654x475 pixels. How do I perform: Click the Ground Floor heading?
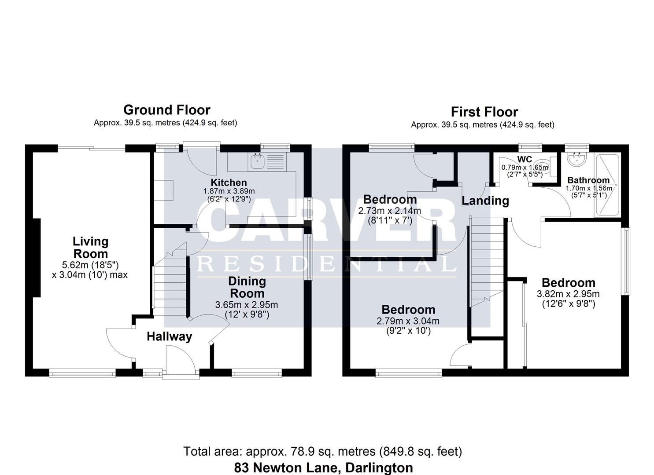coord(166,110)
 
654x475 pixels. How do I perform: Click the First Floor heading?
coord(484,112)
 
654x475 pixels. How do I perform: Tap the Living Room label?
coord(90,248)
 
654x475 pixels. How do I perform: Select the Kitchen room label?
coord(229,183)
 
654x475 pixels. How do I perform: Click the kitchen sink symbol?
coord(256,161)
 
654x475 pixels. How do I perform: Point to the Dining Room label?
coord(247,287)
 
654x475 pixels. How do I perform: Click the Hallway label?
coord(169,336)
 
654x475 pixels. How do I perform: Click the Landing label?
coord(485,201)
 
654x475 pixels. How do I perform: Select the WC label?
coord(525,159)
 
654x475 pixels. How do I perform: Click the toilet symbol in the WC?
coord(545,167)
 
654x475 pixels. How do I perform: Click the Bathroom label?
coord(588,180)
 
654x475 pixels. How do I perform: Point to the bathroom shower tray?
coord(607,185)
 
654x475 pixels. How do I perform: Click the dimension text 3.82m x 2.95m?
coord(568,294)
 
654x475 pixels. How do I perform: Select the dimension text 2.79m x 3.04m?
coord(408,321)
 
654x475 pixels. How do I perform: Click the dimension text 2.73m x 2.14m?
coord(389,211)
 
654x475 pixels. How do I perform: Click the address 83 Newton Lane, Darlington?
coord(323,468)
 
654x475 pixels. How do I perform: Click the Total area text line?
coord(322,451)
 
